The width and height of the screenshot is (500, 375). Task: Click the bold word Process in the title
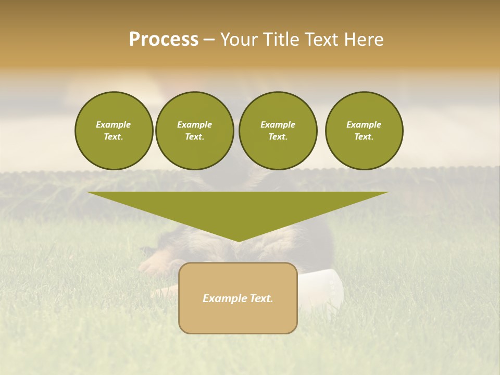point(164,40)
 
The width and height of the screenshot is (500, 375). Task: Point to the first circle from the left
point(114,131)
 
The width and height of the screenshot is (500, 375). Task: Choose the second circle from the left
point(195,131)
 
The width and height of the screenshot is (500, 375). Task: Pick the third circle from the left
point(278,131)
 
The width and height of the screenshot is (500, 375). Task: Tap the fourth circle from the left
point(364,131)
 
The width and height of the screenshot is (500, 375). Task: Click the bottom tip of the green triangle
point(239,241)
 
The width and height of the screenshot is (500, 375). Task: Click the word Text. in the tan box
point(260,298)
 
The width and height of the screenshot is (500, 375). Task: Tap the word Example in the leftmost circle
point(114,124)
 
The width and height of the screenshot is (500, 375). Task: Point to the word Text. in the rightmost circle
point(364,137)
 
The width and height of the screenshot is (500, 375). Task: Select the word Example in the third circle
point(278,124)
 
